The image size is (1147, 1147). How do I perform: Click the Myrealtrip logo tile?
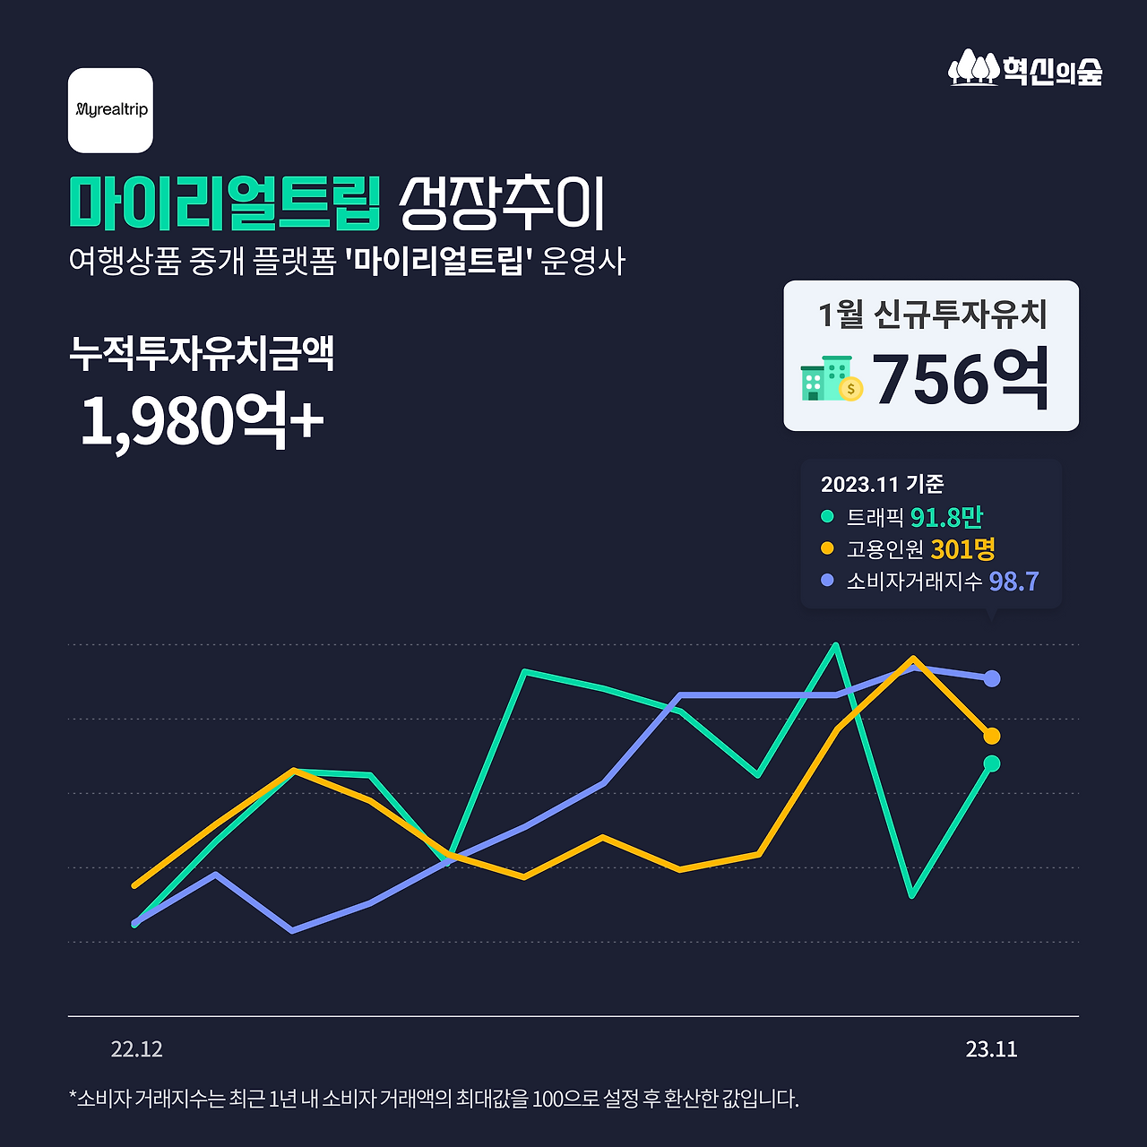click(110, 110)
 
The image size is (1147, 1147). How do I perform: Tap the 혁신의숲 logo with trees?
click(1025, 68)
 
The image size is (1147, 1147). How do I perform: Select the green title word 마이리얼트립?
click(225, 203)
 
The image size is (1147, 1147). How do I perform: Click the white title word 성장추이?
click(503, 203)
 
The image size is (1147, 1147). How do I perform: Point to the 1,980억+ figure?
click(202, 420)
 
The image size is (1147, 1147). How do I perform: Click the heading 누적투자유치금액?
click(202, 353)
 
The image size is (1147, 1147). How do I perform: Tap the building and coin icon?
click(831, 379)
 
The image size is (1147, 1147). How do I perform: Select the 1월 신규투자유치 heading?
click(932, 315)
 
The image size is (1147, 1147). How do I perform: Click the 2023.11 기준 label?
click(882, 484)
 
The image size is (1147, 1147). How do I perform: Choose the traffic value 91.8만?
click(946, 517)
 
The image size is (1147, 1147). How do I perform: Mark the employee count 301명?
click(962, 548)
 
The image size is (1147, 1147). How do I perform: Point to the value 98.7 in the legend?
click(1013, 581)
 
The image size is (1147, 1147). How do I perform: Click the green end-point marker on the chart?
click(991, 763)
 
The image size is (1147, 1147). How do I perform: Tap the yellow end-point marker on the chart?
click(991, 736)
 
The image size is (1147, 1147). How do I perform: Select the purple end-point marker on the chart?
click(991, 678)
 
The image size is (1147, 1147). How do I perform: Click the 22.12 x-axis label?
click(136, 1049)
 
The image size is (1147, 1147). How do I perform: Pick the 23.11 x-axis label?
click(991, 1049)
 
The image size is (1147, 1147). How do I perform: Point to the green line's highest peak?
click(835, 645)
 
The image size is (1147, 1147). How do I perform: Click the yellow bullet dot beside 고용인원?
click(827, 548)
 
